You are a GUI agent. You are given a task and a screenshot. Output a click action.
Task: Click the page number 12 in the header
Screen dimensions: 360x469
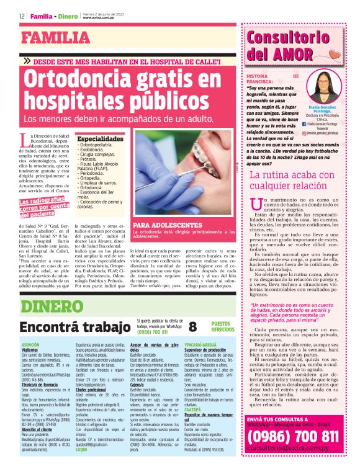22,16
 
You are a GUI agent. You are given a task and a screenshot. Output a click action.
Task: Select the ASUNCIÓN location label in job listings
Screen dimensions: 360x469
31,344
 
